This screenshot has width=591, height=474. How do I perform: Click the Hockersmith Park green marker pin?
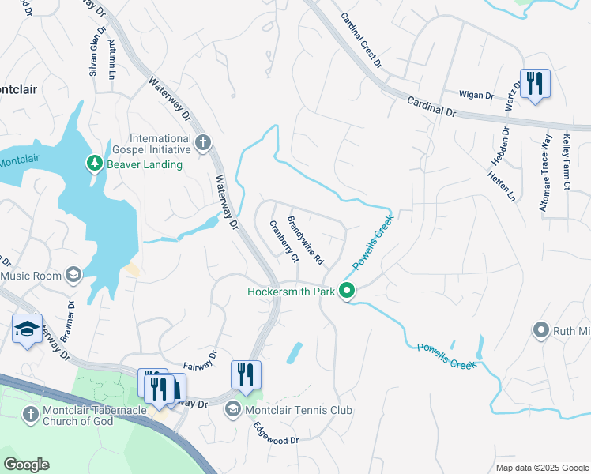[x=346, y=292]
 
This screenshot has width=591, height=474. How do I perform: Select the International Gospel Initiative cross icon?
[x=203, y=143]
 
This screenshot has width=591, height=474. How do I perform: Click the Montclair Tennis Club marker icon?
[x=233, y=409]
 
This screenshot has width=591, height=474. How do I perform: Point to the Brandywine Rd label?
[x=305, y=239]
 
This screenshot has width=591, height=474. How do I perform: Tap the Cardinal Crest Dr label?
[x=361, y=39]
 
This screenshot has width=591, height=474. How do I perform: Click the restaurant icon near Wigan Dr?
[x=535, y=83]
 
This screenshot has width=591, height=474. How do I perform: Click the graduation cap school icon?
[x=27, y=329]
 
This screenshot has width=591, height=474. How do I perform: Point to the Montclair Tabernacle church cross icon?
[x=30, y=414]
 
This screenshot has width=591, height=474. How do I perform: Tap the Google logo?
[x=26, y=465]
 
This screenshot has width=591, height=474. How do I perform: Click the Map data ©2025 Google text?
[x=541, y=468]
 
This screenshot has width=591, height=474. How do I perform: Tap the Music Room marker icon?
[x=73, y=274]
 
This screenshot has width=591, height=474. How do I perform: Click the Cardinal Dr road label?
[x=432, y=107]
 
